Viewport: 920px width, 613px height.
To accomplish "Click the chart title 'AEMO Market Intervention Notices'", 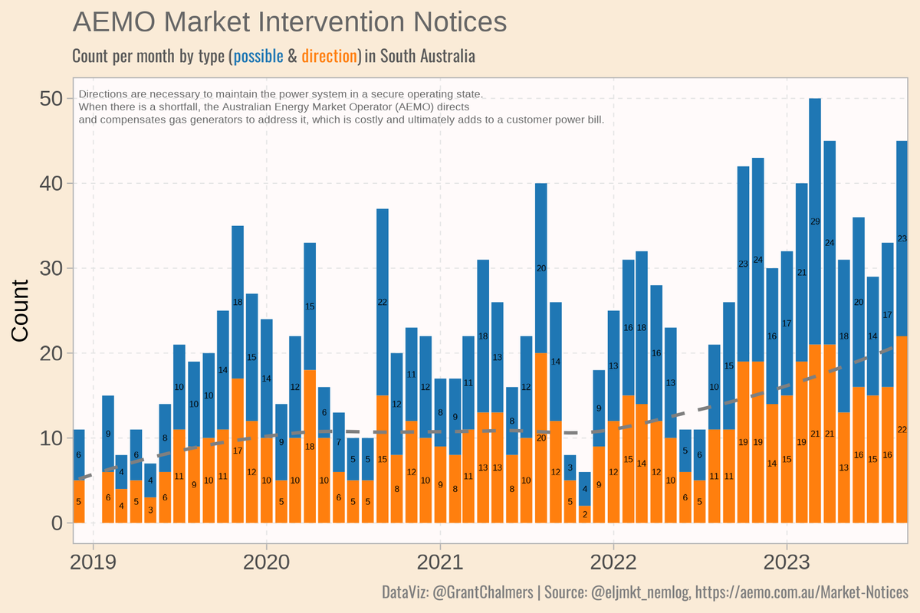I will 289,22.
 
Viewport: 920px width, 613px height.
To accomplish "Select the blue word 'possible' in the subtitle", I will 258,57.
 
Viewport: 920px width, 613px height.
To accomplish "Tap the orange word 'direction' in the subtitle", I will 330,57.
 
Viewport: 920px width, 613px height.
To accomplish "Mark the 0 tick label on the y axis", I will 56,523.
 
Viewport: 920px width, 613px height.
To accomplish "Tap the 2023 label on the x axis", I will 787,562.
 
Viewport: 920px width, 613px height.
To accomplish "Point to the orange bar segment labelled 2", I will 584,514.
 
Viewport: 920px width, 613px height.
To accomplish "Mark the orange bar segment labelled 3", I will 150,510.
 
